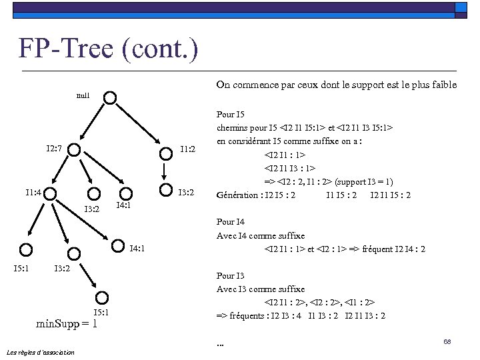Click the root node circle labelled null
coord(111,98)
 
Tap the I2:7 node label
coord(55,147)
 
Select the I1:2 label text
coord(187,149)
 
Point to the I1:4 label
coord(33,193)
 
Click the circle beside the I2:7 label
coord(77,151)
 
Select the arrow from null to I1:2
coord(139,125)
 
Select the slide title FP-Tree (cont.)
coord(108,49)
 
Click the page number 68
coord(447,341)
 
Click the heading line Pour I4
coord(231,222)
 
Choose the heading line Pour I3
coord(231,275)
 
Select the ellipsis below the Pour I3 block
coord(221,344)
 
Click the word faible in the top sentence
coord(443,85)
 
